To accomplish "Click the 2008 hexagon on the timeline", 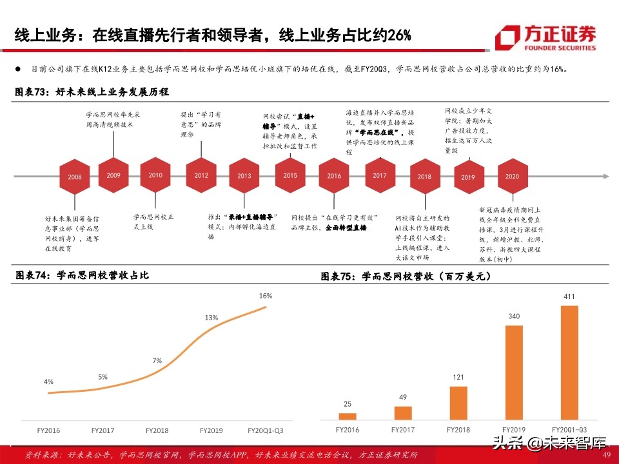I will point(75,176).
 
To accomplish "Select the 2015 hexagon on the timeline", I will point(290,175).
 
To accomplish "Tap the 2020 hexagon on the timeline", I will point(513,176).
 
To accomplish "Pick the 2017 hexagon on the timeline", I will point(380,175).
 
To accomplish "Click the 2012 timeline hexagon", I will point(201,175).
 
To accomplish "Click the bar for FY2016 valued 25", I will point(348,416).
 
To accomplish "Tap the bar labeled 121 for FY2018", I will point(458,403).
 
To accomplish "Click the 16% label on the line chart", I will point(265,296).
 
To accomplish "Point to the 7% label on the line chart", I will point(157,360).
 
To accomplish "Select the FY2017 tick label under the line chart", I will point(103,430).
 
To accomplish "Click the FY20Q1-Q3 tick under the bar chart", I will point(568,428).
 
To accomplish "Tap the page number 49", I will point(605,455).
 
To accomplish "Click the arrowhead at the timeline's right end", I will point(604,176).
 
